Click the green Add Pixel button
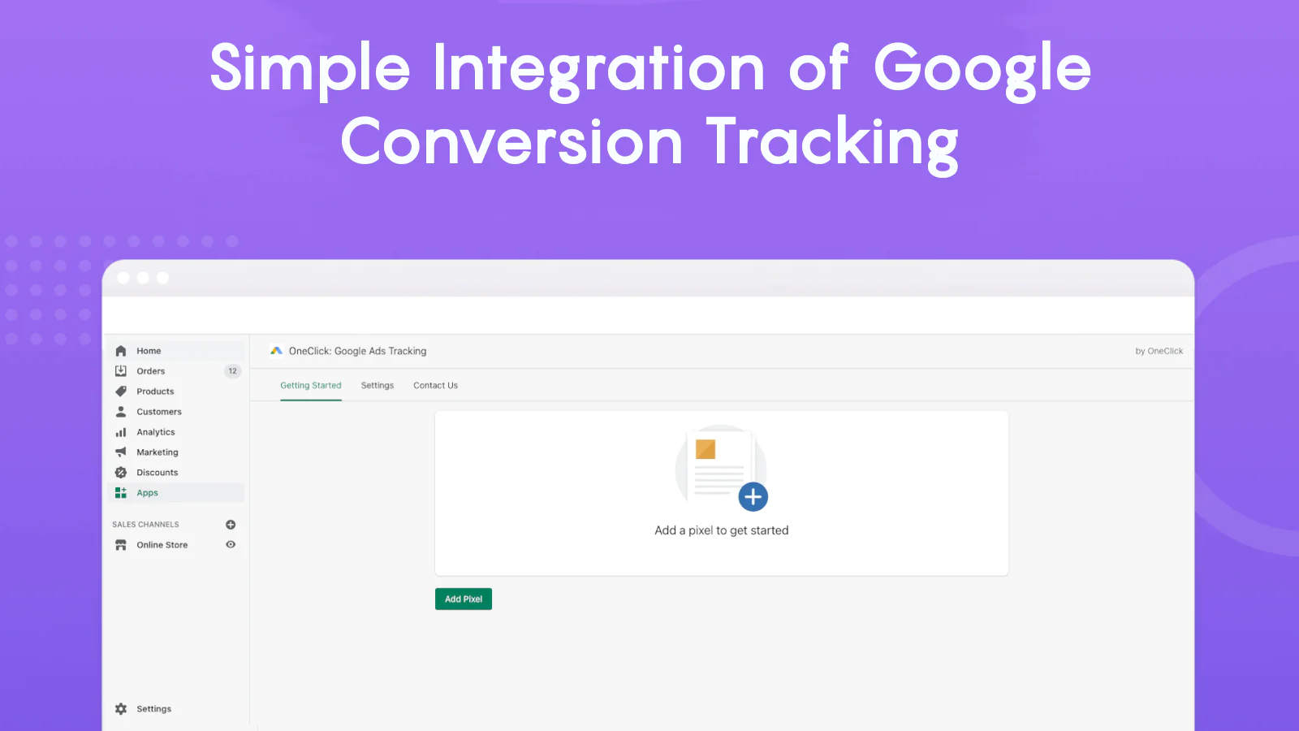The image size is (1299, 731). [x=464, y=599]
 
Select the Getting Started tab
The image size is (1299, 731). [x=311, y=385]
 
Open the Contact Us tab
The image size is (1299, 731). [x=435, y=385]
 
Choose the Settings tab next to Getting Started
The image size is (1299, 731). [x=377, y=385]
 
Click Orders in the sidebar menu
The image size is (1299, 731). [x=151, y=370]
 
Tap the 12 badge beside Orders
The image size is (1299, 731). [x=232, y=370]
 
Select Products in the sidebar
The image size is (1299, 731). [x=155, y=391]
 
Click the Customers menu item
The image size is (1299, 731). [x=159, y=411]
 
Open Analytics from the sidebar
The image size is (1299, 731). [x=155, y=431]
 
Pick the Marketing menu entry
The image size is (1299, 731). [x=158, y=452]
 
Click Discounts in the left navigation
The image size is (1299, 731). [x=158, y=472]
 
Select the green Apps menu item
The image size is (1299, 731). [x=147, y=492]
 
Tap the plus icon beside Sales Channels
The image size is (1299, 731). [x=231, y=525]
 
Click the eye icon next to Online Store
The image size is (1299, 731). [x=231, y=544]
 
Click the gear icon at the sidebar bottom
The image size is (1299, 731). [x=121, y=708]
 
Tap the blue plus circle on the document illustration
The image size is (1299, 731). [x=753, y=496]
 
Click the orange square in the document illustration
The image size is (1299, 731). [x=706, y=449]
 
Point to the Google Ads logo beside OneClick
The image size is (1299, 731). [x=276, y=350]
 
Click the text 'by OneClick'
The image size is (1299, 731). [x=1159, y=351]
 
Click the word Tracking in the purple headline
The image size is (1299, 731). [x=833, y=143]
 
